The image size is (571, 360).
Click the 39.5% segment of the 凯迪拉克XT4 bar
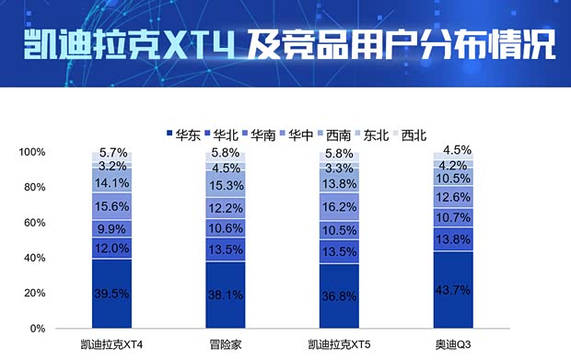(x=112, y=294)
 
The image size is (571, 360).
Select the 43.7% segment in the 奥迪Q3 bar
(x=453, y=290)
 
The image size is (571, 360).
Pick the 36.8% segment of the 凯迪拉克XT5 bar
(x=339, y=296)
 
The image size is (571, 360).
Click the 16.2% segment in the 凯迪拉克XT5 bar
(x=339, y=208)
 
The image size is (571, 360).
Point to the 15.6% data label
(x=112, y=206)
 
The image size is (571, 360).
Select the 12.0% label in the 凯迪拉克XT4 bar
(x=112, y=249)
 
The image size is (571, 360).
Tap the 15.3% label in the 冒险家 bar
(x=226, y=185)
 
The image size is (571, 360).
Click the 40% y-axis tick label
(x=60, y=258)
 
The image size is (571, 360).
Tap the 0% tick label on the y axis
(x=64, y=328)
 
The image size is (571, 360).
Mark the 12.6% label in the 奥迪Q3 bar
(x=453, y=197)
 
